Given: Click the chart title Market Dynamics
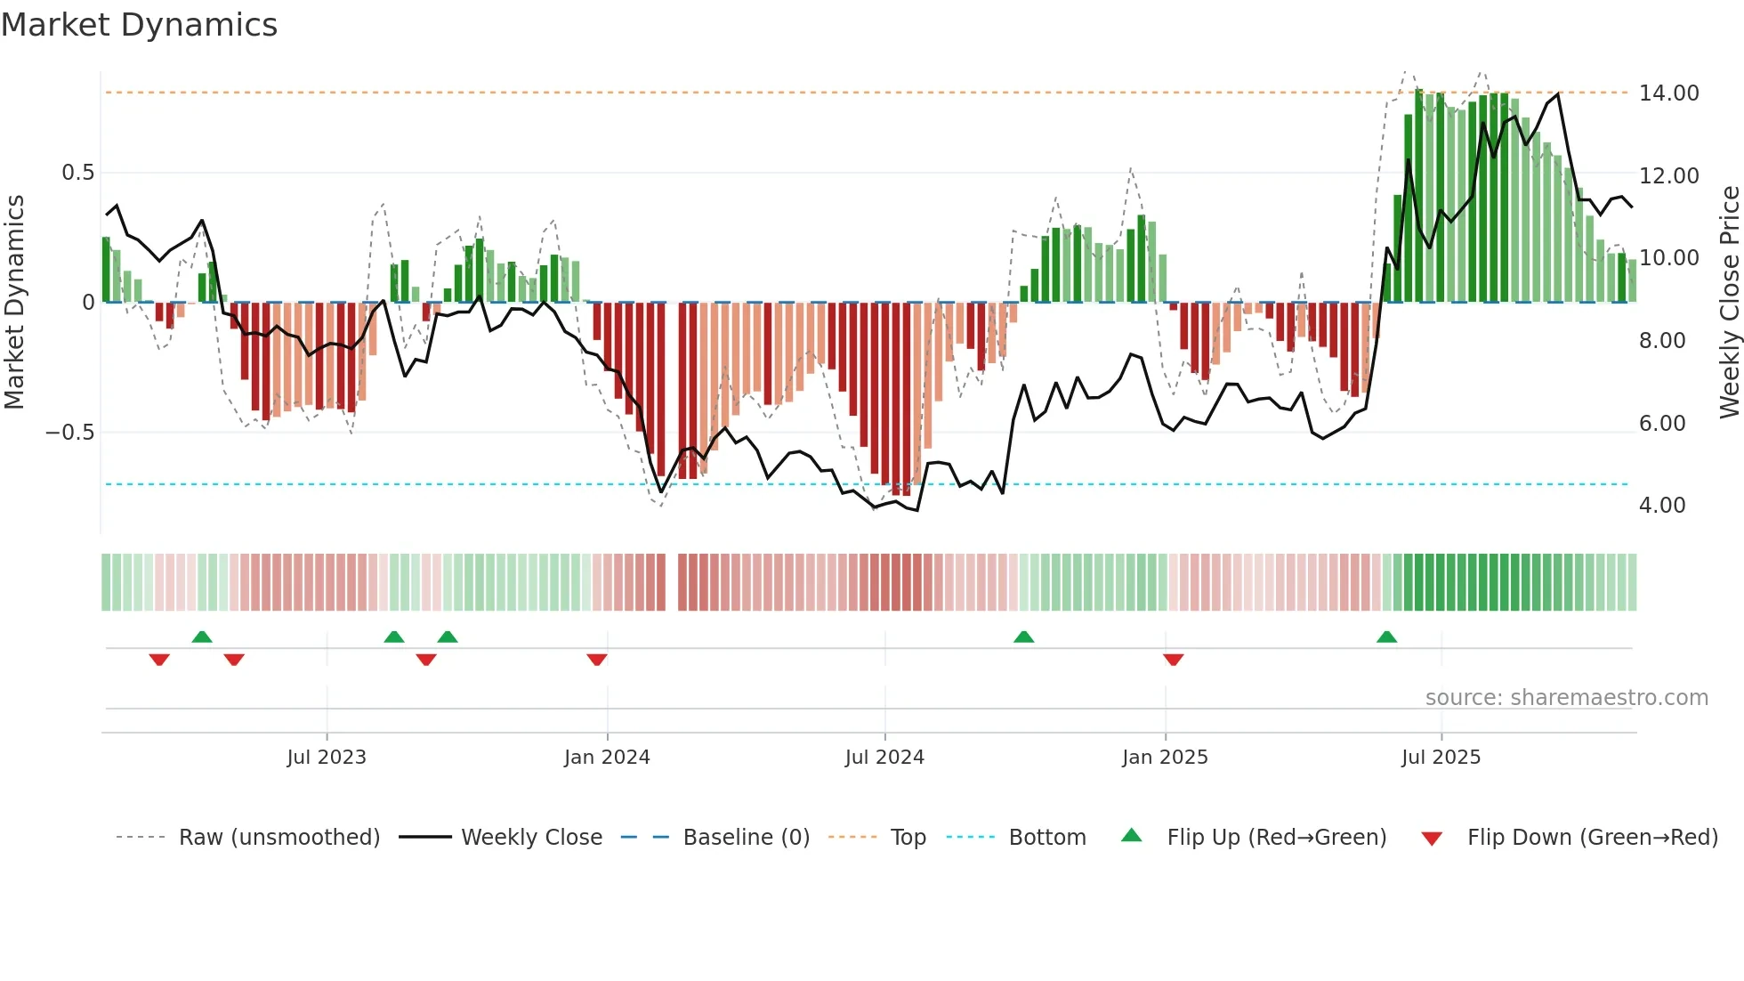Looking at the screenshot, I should (x=139, y=25).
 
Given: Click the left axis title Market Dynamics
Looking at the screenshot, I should (x=14, y=302).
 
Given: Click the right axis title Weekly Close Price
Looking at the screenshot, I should (x=1730, y=302).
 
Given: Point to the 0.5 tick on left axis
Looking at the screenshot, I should (x=78, y=173).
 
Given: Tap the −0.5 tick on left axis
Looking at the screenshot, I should (x=70, y=433).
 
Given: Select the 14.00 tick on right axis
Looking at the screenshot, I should (x=1668, y=93).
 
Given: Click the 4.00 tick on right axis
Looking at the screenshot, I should (x=1662, y=506).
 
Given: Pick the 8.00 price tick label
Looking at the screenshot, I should (x=1662, y=341).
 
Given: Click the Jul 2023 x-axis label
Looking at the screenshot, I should (x=327, y=758).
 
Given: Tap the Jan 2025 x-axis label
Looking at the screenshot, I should (x=1165, y=758).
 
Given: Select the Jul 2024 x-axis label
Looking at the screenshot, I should (x=884, y=758).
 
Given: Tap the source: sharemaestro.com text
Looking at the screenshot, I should (x=1566, y=698).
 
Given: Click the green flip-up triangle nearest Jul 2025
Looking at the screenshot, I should (x=1386, y=636).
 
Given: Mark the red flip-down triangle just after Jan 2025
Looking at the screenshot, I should (x=1173, y=660).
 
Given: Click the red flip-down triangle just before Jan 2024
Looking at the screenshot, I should (x=597, y=660).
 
